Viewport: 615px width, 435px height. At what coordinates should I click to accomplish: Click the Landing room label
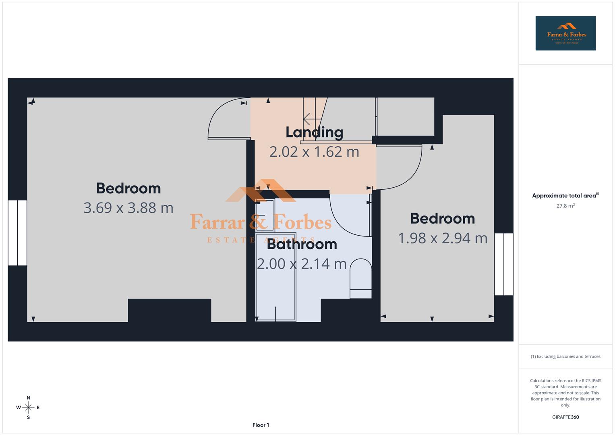pos(314,132)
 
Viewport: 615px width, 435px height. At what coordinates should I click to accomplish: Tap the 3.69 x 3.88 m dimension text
pos(128,208)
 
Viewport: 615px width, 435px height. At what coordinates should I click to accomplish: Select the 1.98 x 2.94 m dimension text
pos(443,238)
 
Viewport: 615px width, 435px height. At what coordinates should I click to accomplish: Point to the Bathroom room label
pos(302,244)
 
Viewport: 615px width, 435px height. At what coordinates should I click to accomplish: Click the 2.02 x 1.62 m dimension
pos(314,152)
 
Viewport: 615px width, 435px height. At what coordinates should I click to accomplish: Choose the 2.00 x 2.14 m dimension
pos(302,264)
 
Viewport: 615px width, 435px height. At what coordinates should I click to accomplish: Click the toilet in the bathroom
pos(360,278)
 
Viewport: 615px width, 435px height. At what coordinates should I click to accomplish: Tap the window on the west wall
pos(17,233)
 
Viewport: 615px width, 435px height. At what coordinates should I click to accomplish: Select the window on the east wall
pos(503,264)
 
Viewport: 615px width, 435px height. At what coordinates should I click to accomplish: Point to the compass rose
pos(28,408)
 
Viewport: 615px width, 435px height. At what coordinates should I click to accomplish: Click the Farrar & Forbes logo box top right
pos(565,33)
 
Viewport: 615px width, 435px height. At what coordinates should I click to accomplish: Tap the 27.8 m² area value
pos(565,206)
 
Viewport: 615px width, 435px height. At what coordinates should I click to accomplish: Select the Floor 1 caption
pos(261,425)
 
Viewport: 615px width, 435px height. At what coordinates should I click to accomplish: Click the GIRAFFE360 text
pos(565,417)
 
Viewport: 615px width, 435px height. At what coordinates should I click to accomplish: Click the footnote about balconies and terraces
pos(565,356)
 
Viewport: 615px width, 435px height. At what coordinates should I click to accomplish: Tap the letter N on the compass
pos(28,398)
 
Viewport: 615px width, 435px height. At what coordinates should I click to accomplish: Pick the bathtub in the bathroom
pos(276,277)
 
